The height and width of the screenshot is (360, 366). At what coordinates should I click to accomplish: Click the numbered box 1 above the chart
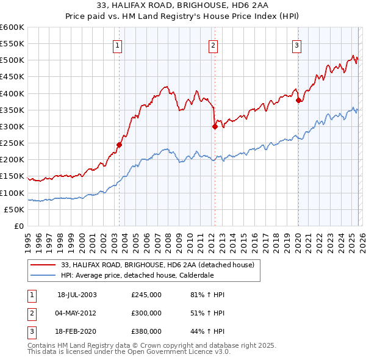(117, 45)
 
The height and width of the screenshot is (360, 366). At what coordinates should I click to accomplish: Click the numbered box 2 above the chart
(213, 45)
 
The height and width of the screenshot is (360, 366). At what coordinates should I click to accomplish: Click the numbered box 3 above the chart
(296, 45)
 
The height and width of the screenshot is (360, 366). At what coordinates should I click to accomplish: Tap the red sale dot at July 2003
(120, 145)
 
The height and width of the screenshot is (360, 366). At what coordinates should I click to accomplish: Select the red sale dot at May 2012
(215, 127)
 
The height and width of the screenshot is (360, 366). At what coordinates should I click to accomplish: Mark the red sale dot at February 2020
(298, 101)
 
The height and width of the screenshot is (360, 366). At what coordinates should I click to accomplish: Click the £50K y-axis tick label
(14, 209)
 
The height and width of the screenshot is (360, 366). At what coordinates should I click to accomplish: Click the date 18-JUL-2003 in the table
(77, 295)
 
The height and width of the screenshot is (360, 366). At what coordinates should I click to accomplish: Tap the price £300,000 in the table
(146, 313)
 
